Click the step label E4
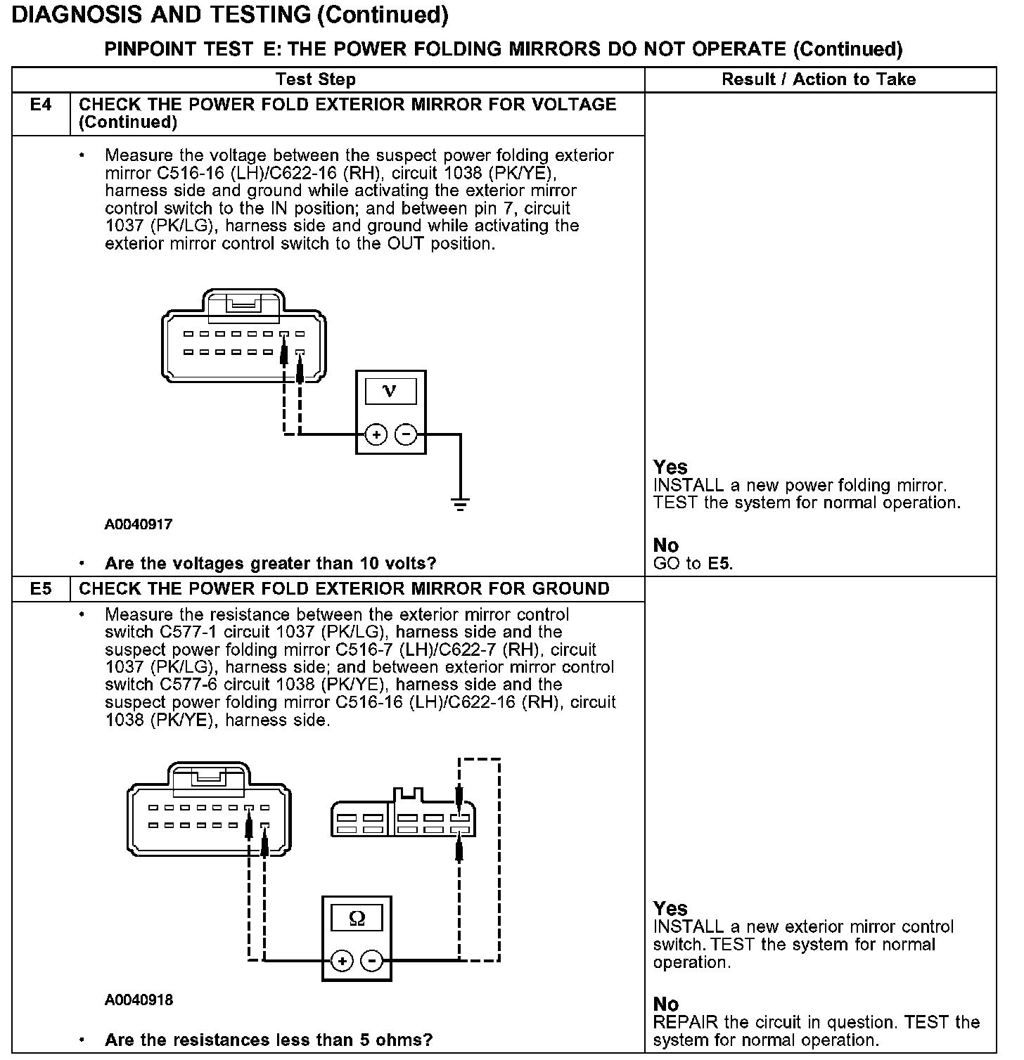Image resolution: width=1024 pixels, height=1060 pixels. point(41,105)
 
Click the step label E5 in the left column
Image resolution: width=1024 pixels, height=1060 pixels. point(41,589)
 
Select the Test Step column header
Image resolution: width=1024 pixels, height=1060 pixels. point(315,79)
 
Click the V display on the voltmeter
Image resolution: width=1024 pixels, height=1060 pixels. point(390,391)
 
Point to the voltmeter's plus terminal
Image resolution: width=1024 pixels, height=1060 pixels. point(376,435)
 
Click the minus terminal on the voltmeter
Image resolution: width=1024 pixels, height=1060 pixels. point(406,435)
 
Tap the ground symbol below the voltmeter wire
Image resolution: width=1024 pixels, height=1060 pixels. point(461,503)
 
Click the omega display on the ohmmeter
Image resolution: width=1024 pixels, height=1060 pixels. point(357,918)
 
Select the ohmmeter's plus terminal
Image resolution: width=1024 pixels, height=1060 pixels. point(342,961)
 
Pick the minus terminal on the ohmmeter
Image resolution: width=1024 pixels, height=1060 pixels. point(371,961)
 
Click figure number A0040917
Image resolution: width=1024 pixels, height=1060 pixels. point(139,524)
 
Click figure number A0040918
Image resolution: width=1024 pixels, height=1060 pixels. point(139,1000)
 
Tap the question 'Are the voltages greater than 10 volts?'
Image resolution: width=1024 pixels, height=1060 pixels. point(270,564)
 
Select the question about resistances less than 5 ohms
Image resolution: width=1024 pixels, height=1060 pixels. point(268,1040)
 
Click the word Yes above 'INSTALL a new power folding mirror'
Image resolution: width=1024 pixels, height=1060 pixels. point(670,467)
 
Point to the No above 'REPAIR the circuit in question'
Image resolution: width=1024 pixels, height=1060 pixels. point(666,1004)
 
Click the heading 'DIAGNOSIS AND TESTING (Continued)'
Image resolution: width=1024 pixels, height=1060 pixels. point(230,15)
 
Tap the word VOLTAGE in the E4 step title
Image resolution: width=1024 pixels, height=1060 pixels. point(570,105)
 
